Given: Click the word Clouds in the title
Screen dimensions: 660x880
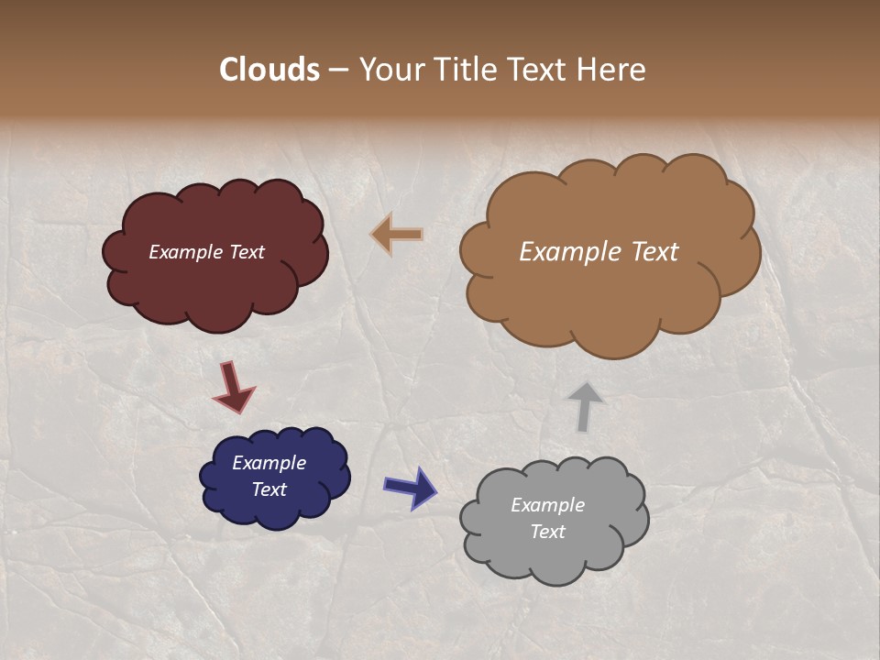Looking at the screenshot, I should point(269,70).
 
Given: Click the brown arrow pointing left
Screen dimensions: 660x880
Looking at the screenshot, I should point(397,235).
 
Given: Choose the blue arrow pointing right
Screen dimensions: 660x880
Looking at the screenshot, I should point(410,487).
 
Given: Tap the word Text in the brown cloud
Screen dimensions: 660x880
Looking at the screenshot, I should point(650,252).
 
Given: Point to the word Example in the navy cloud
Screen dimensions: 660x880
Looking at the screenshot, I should point(269,463).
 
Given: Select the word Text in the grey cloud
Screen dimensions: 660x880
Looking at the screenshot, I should point(547,532).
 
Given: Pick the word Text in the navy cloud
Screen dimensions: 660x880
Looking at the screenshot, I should point(269,489).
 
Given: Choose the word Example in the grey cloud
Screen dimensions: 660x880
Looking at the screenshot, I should point(547,505).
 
